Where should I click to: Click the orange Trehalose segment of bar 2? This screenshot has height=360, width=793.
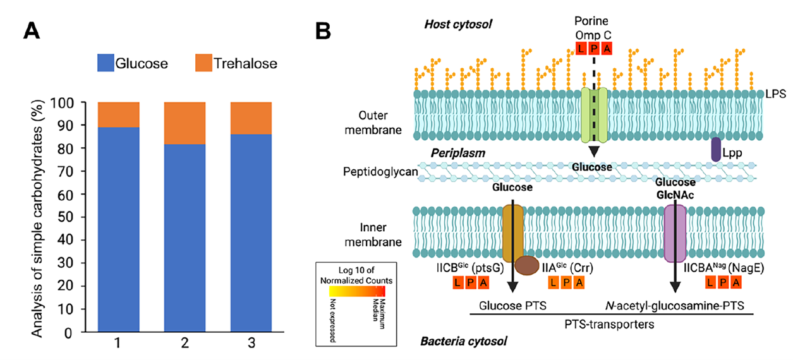point(183,123)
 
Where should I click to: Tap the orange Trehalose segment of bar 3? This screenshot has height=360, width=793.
point(250,118)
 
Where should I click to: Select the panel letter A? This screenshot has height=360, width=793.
point(32,30)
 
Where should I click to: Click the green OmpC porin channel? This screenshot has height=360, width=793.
point(593,114)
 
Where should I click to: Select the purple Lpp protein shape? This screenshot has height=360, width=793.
point(716,150)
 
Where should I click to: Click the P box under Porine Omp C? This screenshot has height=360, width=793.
point(594,49)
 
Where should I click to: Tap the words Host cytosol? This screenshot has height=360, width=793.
point(458,24)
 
